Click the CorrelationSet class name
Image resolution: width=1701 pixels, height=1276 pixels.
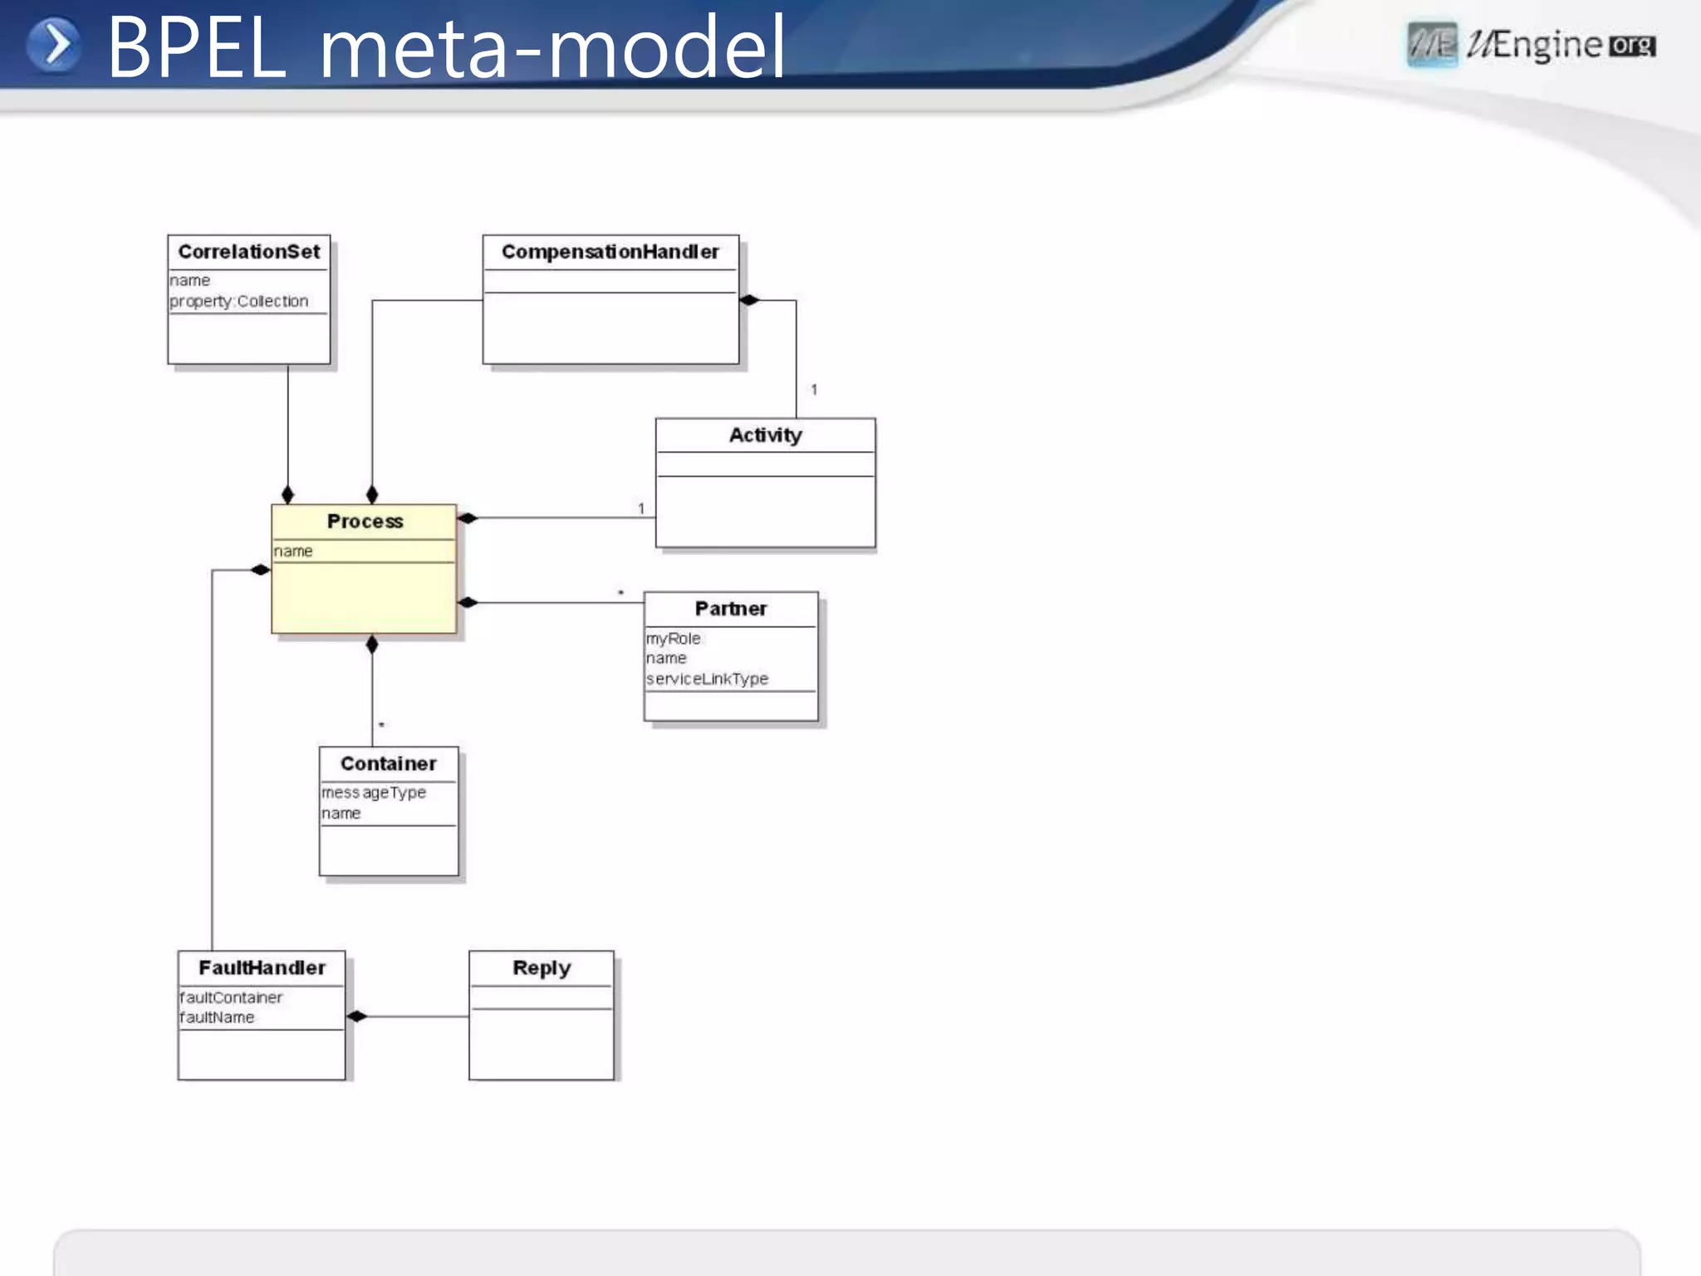[248, 252]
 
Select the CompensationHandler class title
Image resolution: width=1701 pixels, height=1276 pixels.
[610, 252]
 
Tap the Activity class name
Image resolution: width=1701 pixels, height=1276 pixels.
[765, 434]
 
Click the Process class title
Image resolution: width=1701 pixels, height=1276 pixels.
[365, 521]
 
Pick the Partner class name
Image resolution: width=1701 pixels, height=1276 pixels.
[730, 608]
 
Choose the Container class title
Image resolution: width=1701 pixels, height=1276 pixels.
[388, 763]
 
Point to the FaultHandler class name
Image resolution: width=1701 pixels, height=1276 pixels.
[262, 968]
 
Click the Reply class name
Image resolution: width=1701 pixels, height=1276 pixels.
[542, 968]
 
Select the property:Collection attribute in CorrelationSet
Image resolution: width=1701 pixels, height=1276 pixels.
[239, 301]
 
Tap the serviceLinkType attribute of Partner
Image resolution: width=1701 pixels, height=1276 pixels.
[708, 679]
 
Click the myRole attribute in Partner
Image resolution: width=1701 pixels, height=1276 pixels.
[674, 638]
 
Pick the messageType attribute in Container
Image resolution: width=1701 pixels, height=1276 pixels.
[374, 793]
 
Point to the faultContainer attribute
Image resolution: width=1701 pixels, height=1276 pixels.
[231, 997]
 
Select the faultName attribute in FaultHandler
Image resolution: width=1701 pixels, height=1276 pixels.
[217, 1017]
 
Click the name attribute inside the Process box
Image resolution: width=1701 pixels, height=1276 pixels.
[293, 551]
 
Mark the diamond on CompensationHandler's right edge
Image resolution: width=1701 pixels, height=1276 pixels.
[749, 300]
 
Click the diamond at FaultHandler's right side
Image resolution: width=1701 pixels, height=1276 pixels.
[356, 1016]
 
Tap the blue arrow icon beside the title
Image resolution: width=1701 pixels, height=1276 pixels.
[54, 45]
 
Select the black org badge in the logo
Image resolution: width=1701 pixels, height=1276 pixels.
[1632, 46]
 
